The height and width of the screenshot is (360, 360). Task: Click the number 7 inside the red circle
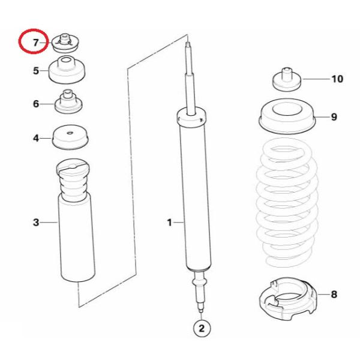35,43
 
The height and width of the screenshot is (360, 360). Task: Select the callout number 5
36,71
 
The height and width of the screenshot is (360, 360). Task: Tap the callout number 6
36,104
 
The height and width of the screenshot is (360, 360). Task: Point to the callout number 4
36,138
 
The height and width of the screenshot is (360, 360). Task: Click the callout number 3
36,223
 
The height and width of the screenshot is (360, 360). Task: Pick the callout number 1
169,223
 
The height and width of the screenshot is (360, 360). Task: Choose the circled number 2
202,329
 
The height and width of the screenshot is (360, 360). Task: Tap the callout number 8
334,294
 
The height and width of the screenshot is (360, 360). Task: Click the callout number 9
334,117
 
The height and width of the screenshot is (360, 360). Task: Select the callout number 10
337,79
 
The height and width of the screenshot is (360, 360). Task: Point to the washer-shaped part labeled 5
67,70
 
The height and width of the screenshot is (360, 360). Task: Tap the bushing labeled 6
68,102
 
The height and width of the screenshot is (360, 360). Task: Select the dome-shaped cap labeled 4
70,137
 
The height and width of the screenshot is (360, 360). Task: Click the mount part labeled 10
287,79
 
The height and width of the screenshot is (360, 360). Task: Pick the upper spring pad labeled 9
287,117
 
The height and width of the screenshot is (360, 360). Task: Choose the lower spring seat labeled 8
288,299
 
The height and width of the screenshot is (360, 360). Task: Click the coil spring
287,202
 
